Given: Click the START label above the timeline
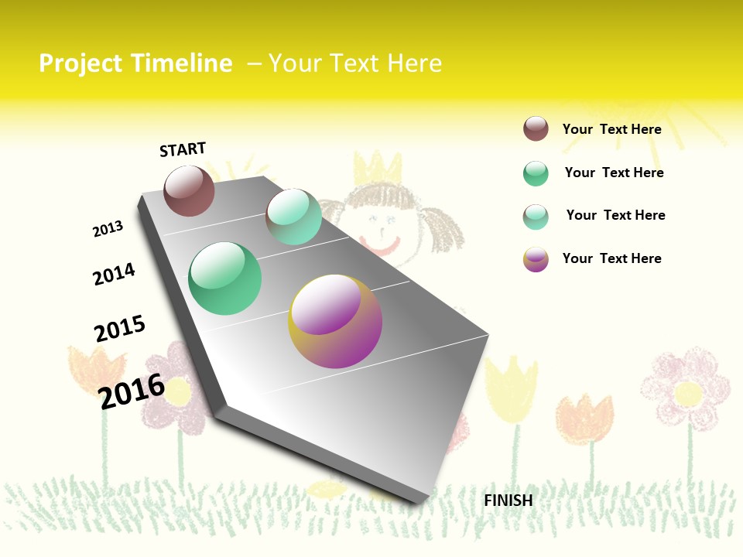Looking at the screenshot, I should [183, 149].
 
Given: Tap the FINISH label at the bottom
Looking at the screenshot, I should [508, 501].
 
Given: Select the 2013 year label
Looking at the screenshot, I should [108, 229].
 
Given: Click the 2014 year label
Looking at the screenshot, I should [114, 275].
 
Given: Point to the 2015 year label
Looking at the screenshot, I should [120, 329].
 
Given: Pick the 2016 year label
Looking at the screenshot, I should [132, 391].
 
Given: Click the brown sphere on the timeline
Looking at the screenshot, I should [189, 190].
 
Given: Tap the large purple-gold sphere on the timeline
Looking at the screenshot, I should [335, 321].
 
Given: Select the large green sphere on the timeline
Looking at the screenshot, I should [225, 278].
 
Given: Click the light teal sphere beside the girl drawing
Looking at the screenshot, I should [293, 217].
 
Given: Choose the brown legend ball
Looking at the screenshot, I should [536, 128].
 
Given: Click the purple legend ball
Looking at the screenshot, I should [536, 259].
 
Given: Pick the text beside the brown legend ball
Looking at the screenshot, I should [611, 129].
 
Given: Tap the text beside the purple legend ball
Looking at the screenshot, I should [611, 258].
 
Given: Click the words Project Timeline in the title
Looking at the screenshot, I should [135, 63].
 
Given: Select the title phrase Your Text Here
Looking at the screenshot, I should [355, 63].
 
